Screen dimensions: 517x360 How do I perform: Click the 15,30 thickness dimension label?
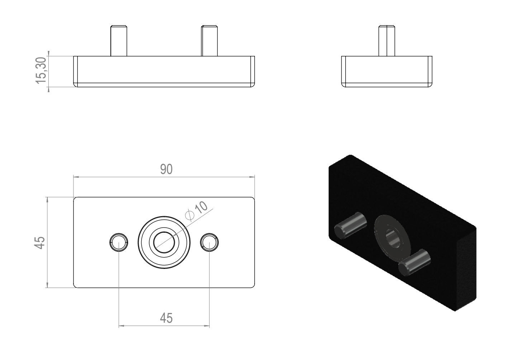tap(41, 70)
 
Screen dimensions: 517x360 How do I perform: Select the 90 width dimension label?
tap(166, 169)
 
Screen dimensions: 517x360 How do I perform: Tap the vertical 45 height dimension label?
tap(39, 243)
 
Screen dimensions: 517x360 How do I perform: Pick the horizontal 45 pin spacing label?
tap(166, 318)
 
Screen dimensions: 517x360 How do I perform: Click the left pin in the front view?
tap(119, 41)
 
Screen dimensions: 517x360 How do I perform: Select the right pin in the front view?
tap(209, 41)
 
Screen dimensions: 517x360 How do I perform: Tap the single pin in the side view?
tap(387, 41)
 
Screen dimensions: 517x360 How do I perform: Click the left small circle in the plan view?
tap(119, 242)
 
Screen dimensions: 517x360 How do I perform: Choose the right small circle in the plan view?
tap(209, 242)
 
